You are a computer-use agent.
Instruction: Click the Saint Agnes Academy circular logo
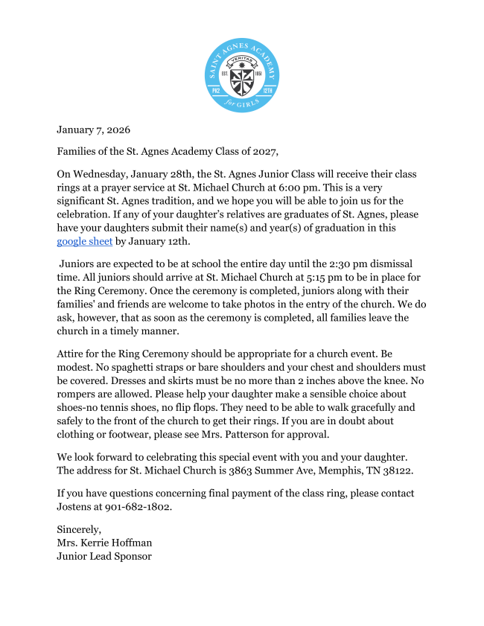pos(241,75)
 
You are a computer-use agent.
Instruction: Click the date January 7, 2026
pos(93,130)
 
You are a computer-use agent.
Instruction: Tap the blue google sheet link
pos(85,241)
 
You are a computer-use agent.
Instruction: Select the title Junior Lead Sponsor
pos(104,555)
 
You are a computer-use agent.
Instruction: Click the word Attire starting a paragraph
pos(73,354)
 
